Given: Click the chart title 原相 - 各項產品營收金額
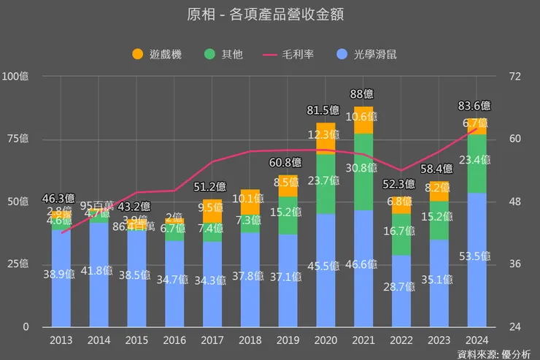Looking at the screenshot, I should point(270,14).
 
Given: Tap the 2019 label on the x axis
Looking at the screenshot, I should point(288,340).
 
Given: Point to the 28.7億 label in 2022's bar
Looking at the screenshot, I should point(401,288).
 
